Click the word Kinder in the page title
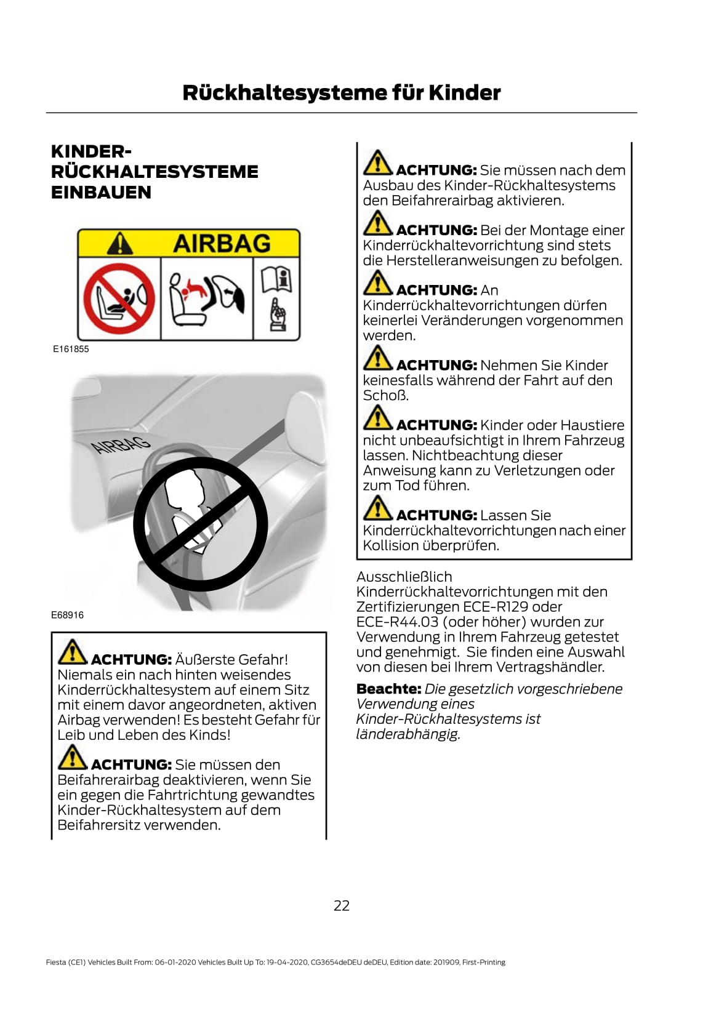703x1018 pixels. point(464,93)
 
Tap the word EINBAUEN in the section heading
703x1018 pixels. point(101,192)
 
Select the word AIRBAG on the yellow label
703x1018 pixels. point(222,243)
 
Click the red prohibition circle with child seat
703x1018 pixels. point(119,299)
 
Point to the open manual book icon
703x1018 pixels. point(276,279)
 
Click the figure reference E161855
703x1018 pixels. point(71,349)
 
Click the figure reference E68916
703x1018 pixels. point(67,615)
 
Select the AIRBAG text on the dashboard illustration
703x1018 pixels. point(121,445)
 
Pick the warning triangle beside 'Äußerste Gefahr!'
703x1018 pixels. point(72,652)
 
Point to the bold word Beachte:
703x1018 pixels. point(389,689)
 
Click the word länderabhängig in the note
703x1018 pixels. point(408,734)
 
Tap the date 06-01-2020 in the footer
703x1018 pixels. point(175,962)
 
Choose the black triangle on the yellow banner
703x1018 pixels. point(120,243)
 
